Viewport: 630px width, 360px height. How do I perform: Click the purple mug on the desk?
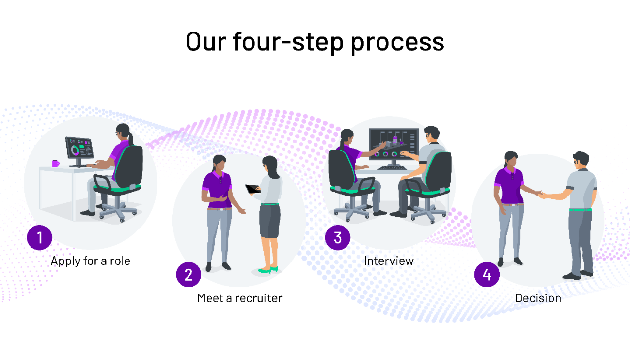pos(55,163)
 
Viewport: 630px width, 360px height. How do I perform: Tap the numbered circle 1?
pos(39,237)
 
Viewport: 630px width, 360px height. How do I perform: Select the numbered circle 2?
pos(189,274)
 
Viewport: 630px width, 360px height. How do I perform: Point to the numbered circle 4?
pos(487,274)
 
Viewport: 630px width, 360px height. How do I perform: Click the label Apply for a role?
pos(91,261)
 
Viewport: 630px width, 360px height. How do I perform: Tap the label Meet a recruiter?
pos(240,298)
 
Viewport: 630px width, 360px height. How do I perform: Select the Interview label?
pos(389,261)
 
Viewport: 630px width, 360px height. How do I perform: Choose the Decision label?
pos(538,298)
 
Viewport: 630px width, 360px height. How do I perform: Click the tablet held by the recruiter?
pos(252,189)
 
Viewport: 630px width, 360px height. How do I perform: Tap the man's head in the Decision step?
pos(581,160)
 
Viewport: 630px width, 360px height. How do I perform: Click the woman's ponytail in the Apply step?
pos(130,137)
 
